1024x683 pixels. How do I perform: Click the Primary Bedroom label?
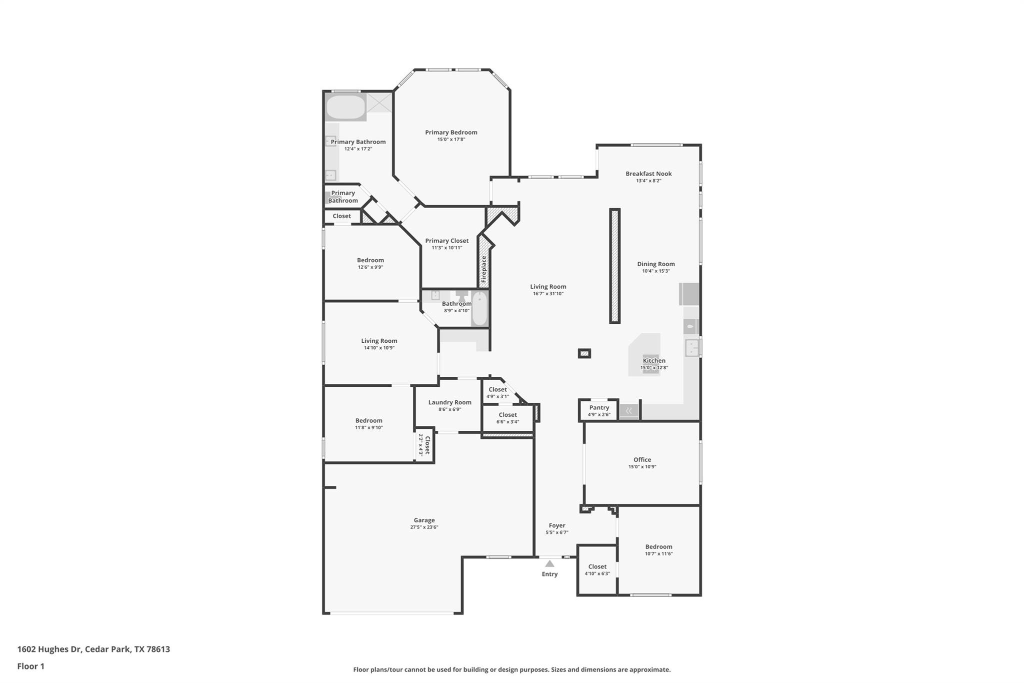pos(451,133)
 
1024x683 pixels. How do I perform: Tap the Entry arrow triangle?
pos(549,564)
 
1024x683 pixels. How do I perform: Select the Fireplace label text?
pos(483,270)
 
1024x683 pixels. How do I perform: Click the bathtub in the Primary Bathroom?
pos(345,107)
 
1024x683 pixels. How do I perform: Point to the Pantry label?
pos(599,408)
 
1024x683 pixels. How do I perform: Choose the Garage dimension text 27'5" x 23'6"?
pos(424,527)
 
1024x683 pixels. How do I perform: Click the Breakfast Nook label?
pos(648,174)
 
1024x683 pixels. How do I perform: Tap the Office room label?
pos(642,460)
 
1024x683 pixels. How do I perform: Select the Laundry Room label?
pos(449,402)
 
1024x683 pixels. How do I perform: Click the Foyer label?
pos(556,526)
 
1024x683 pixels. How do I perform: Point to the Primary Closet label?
pos(446,241)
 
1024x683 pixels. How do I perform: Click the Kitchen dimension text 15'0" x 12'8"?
pos(654,368)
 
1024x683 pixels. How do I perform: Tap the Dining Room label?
pos(655,264)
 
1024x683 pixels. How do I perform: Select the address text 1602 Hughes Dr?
pos(49,649)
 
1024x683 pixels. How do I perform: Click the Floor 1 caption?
pos(30,666)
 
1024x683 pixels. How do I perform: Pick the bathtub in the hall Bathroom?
pos(479,309)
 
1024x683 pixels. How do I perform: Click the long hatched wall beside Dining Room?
pos(614,266)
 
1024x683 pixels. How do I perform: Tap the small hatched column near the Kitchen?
pos(584,353)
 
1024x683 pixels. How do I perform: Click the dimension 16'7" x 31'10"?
pos(548,294)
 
